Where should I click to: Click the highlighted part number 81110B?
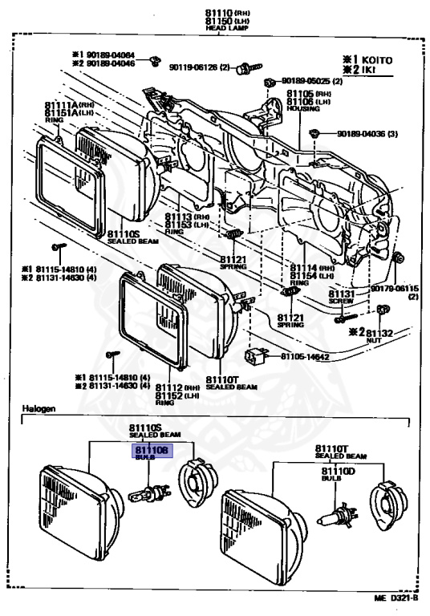click(151, 452)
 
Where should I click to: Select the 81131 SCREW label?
click(342, 294)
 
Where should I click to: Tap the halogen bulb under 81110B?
click(150, 490)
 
